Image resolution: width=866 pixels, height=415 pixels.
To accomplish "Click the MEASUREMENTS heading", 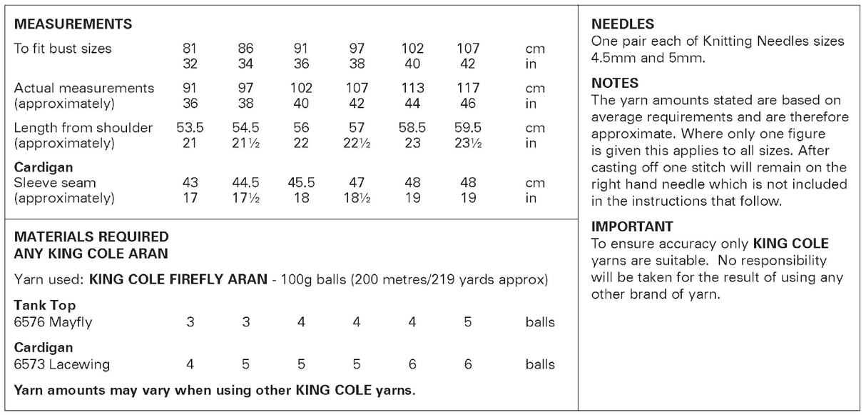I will (73, 24).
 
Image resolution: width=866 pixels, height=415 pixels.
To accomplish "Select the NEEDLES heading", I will (623, 24).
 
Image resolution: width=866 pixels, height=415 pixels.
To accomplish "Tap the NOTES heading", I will (615, 83).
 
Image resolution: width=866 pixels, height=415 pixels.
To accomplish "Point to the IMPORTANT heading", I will (632, 226).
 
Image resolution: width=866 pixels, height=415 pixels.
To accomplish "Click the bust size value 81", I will (190, 49).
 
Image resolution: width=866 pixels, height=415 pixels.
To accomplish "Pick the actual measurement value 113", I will (412, 89).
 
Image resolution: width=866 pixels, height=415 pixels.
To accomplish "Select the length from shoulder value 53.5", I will (190, 128).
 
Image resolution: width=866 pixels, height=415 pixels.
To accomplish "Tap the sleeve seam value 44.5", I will (245, 182).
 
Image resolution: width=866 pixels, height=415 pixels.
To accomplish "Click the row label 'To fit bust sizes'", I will (63, 49).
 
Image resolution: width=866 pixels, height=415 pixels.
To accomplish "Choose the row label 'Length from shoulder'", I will (83, 128).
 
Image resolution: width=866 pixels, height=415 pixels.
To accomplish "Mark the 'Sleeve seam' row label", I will (55, 182).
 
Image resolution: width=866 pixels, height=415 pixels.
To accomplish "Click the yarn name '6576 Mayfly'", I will (53, 322).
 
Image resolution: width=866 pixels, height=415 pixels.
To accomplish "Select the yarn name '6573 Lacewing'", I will (62, 364).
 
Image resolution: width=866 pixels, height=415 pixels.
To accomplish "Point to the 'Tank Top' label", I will (45, 306).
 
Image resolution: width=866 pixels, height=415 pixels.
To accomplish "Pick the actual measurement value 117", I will (468, 89).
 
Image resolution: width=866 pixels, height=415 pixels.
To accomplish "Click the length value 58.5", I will (412, 128).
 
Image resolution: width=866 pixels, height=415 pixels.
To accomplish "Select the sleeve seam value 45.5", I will (301, 182).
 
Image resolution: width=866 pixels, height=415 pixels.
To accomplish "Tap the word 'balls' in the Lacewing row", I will (540, 364).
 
